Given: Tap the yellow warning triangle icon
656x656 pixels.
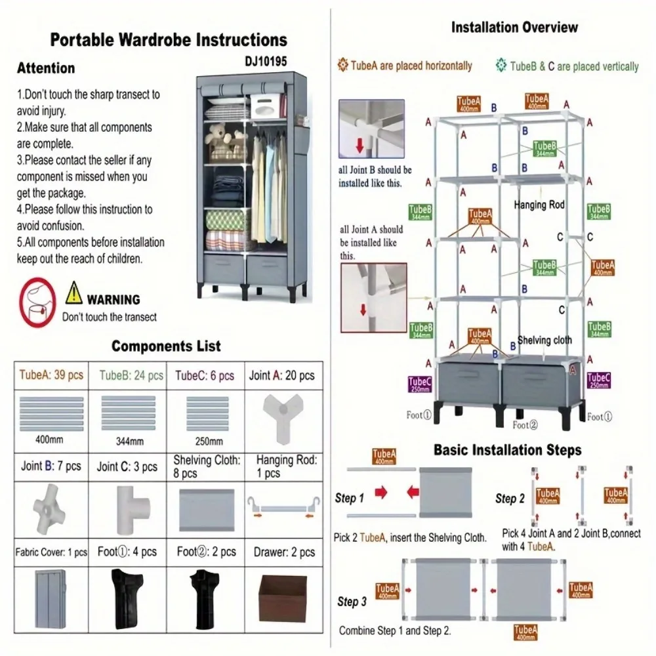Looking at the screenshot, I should pyautogui.click(x=74, y=289).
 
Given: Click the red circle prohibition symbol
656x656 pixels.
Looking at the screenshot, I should pyautogui.click(x=37, y=302).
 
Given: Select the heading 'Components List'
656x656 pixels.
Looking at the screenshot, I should pyautogui.click(x=166, y=346).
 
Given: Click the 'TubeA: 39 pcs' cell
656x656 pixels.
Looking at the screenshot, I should pyautogui.click(x=51, y=375).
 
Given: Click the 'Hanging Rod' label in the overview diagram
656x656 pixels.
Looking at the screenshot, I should pyautogui.click(x=539, y=205).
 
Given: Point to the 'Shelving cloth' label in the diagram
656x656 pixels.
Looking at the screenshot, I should pyautogui.click(x=544, y=340).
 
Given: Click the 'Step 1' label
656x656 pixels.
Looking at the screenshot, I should pyautogui.click(x=350, y=498).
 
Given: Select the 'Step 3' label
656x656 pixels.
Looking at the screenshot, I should pyautogui.click(x=352, y=601).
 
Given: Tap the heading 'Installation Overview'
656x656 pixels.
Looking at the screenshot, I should pyautogui.click(x=515, y=28).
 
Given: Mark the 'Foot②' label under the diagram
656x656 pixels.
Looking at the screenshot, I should pyautogui.click(x=525, y=425).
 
